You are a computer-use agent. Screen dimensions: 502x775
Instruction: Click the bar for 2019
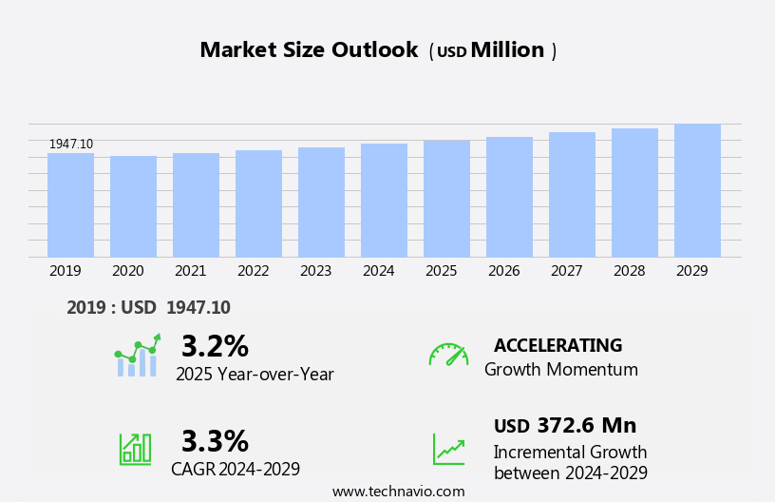pos(70,205)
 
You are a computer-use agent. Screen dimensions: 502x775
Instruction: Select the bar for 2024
pos(384,201)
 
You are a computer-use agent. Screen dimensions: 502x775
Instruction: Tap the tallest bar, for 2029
pos(697,191)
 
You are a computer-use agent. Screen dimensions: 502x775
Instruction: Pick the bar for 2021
pos(196,205)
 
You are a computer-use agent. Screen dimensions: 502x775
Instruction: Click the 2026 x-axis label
pos(503,271)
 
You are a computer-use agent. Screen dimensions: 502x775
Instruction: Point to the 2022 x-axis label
pos(253,271)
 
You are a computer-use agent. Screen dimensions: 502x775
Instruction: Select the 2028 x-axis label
pos(629,271)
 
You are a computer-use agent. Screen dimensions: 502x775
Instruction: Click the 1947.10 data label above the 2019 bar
pos(71,144)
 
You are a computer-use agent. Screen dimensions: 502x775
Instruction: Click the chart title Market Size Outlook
pos(309,50)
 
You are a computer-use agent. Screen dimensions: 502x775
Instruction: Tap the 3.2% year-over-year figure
pos(215,346)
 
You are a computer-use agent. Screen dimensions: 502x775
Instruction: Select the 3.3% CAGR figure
pos(215,441)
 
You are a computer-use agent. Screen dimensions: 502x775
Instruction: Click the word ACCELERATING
pos(558,346)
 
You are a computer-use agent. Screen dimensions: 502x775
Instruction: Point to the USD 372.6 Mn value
pos(565,426)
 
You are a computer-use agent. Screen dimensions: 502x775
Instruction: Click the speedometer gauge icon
pos(448,355)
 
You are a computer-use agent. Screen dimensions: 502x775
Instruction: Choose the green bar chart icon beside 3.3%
pos(135,448)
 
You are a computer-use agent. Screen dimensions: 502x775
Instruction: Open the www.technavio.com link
pos(398,492)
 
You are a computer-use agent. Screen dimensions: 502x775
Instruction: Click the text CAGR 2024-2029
pos(236,469)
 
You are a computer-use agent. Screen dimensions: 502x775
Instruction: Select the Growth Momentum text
pos(560,370)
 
